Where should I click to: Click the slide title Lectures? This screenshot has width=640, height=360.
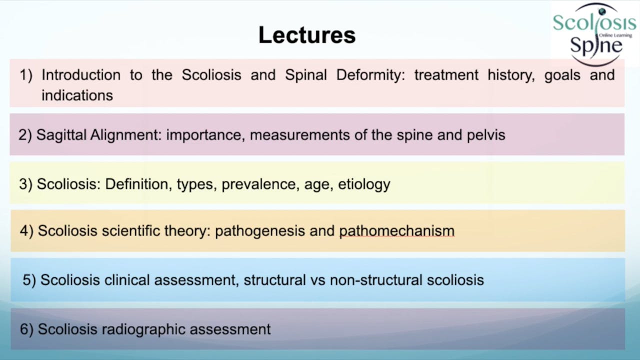[307, 35]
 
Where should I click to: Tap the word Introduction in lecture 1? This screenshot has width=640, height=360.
[80, 75]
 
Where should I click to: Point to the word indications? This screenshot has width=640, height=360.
[77, 95]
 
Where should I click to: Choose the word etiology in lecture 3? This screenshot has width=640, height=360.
[364, 184]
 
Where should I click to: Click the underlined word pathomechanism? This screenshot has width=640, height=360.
[396, 231]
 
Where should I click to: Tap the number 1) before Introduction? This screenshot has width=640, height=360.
[26, 75]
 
